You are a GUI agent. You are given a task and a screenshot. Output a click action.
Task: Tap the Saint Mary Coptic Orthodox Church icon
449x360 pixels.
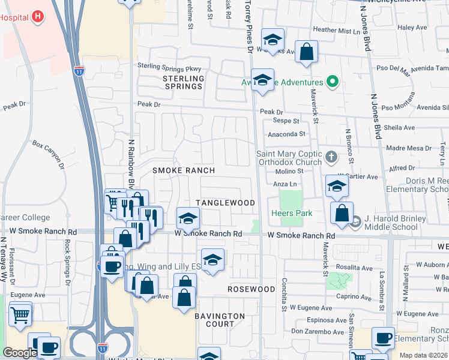point(331,158)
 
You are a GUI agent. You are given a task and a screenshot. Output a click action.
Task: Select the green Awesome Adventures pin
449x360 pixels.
point(331,82)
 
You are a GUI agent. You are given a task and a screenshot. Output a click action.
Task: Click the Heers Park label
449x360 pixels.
point(291,213)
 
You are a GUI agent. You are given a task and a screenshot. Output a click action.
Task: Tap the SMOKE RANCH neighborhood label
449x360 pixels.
point(184,170)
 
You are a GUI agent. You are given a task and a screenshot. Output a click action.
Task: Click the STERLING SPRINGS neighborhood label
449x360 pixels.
point(184,82)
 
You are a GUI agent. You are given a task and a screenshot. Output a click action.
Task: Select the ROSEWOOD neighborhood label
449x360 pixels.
point(251,289)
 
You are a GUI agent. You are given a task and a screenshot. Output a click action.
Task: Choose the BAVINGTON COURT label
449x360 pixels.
point(220,320)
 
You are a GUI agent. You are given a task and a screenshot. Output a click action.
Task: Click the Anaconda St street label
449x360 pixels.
point(286,134)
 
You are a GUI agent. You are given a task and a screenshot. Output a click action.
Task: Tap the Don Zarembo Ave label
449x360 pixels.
point(318,331)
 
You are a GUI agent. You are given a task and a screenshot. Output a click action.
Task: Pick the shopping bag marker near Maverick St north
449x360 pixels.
point(307,53)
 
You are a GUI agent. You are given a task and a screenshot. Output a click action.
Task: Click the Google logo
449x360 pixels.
point(20,353)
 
